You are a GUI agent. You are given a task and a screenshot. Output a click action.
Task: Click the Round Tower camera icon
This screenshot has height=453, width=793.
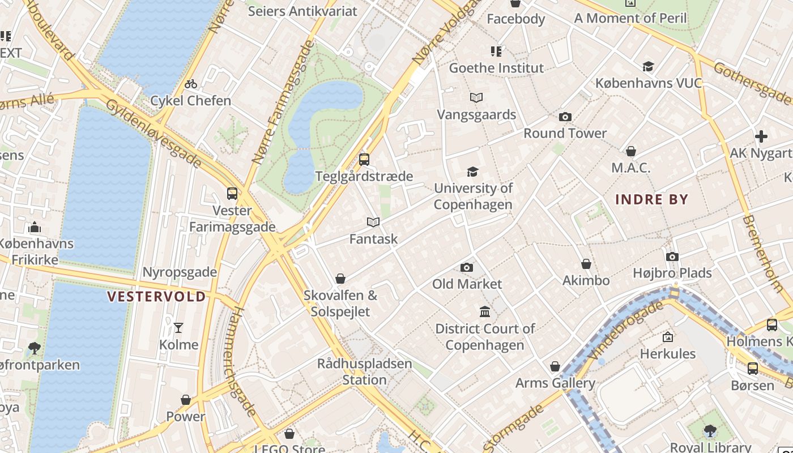(x=565, y=117)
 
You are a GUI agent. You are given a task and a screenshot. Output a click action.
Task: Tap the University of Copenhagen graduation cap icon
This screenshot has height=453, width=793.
(x=472, y=172)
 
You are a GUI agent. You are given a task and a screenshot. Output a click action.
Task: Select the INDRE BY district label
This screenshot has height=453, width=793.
(x=651, y=199)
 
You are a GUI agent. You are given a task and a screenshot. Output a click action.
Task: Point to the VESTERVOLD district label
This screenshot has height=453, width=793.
(x=156, y=297)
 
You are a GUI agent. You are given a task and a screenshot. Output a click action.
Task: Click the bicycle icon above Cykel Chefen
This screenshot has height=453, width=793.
(x=191, y=84)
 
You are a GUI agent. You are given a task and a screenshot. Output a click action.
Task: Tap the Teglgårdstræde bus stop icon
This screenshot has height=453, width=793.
(x=364, y=160)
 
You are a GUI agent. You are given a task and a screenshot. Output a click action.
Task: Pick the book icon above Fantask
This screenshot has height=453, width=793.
(x=373, y=223)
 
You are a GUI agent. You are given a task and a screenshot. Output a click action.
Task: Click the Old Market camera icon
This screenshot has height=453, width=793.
(x=467, y=267)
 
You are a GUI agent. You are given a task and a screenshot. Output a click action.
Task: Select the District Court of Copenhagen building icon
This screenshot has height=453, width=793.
(x=485, y=311)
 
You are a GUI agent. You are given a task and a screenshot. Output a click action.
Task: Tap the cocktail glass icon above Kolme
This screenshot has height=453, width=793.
(x=178, y=328)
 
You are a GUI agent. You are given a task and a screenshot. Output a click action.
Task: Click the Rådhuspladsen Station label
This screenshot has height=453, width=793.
(x=364, y=371)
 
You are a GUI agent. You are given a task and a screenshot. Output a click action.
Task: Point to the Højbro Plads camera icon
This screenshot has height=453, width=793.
(x=672, y=257)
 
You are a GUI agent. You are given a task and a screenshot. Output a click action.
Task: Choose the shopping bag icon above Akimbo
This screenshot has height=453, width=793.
(x=586, y=264)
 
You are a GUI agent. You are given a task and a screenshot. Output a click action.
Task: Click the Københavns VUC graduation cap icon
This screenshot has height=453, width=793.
(x=648, y=67)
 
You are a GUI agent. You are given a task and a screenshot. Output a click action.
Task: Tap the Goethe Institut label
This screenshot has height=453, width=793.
(x=496, y=68)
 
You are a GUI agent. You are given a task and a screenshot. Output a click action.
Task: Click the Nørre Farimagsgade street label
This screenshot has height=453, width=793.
(x=283, y=102)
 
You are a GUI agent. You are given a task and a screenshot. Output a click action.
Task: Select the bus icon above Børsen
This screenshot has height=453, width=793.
(x=752, y=369)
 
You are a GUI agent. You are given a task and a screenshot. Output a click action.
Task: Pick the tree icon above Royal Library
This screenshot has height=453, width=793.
(x=710, y=431)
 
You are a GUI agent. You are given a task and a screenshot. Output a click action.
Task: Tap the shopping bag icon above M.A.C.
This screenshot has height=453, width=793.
(x=631, y=151)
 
